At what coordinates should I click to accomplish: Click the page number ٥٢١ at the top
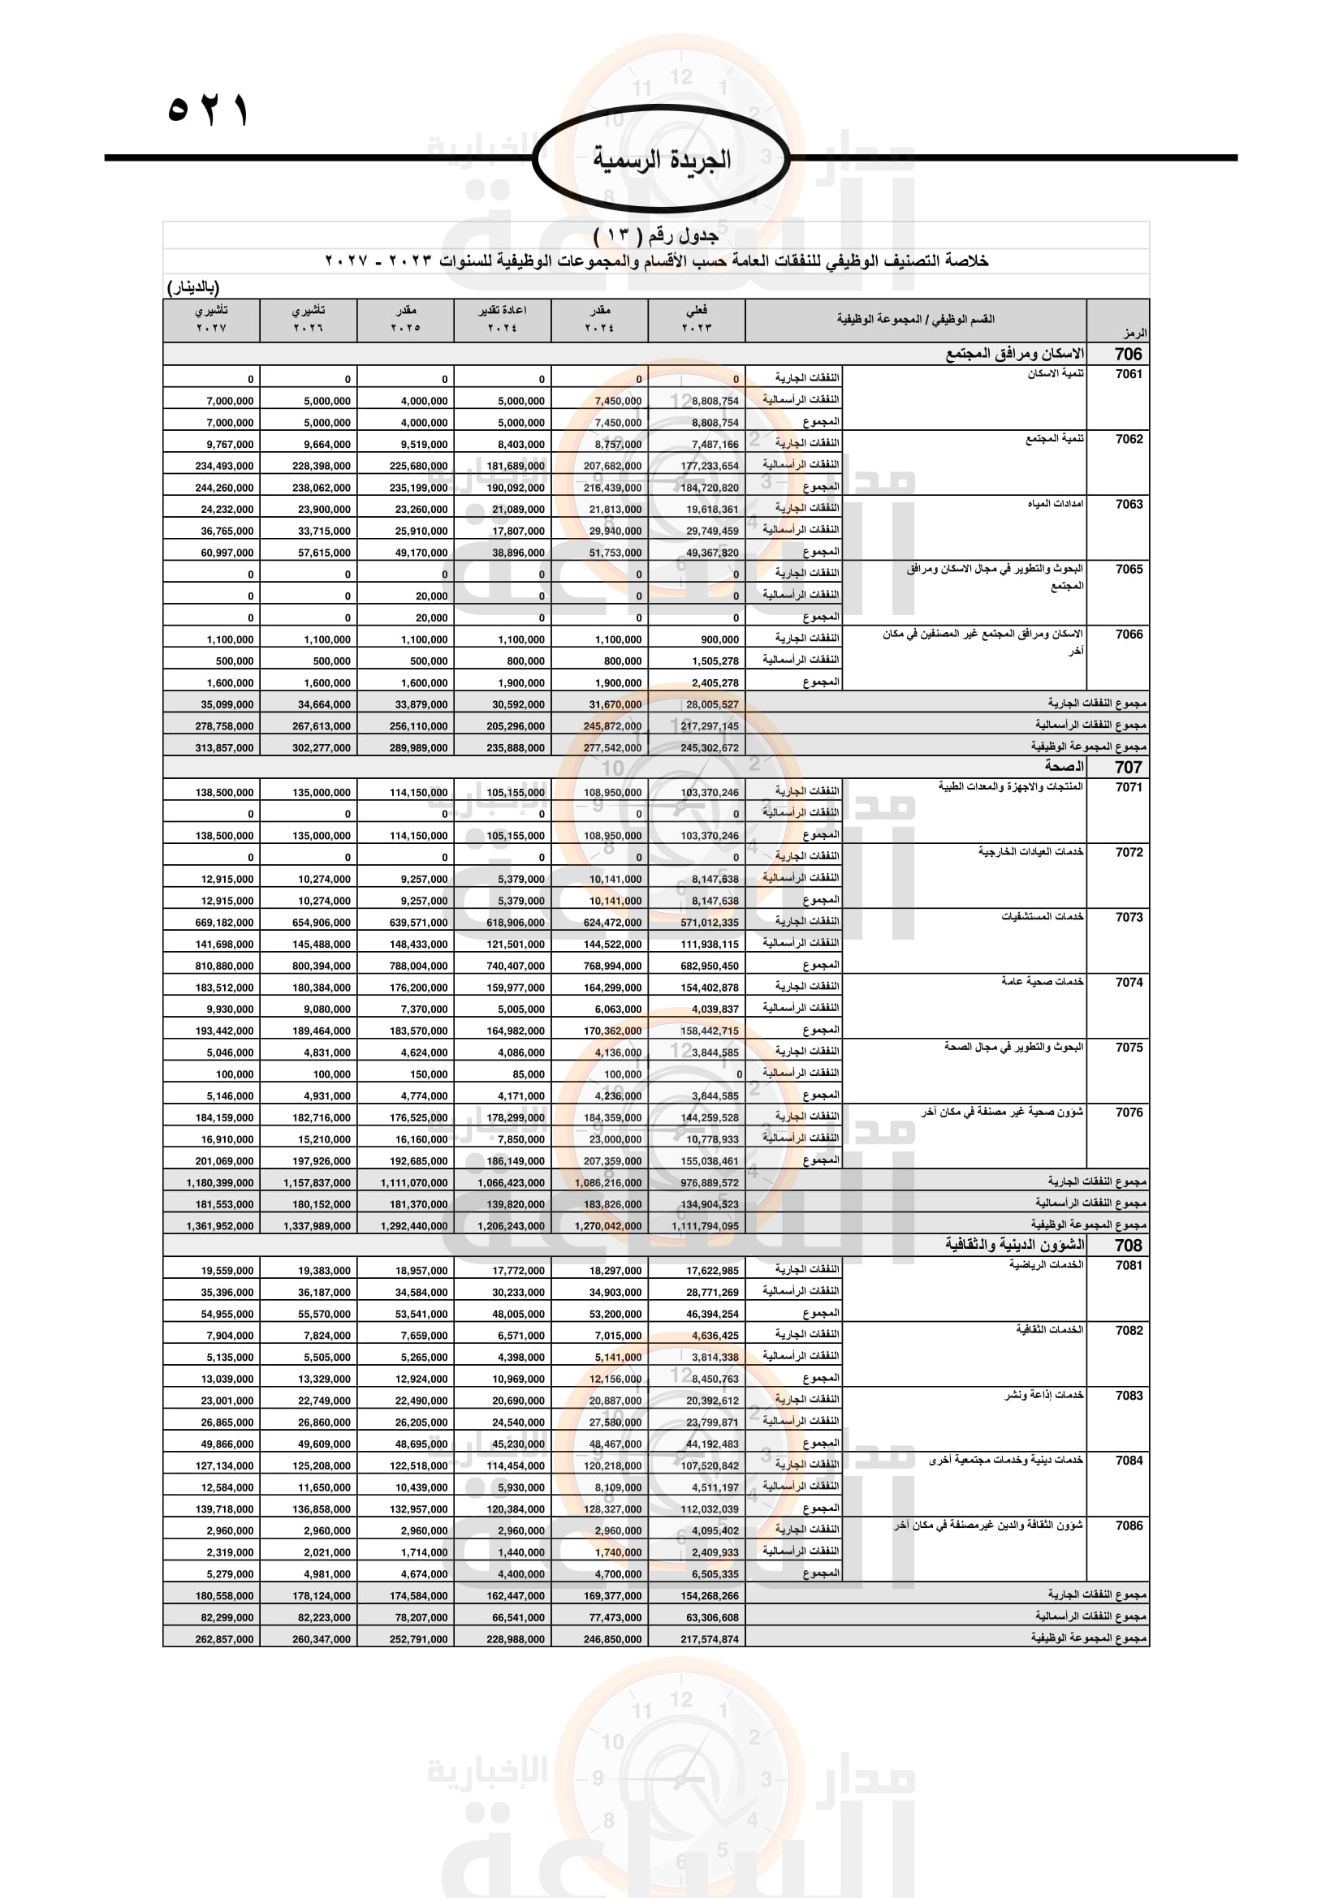tap(209, 110)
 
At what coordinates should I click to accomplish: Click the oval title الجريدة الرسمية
tap(662, 160)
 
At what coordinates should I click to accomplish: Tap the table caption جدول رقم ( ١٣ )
tap(656, 235)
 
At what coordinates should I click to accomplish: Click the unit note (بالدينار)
tap(193, 288)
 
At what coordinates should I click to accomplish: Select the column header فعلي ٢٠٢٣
tap(697, 319)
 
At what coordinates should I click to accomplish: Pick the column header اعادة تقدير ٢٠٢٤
tap(502, 319)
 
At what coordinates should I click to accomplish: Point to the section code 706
tap(1128, 354)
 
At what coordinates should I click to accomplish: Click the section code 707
tap(1128, 767)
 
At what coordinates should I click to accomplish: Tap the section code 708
tap(1128, 1246)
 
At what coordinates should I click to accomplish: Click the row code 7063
tap(1129, 504)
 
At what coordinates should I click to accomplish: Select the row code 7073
tap(1129, 918)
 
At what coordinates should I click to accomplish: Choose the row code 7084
tap(1129, 1461)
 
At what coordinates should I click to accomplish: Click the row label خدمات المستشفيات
tap(1042, 918)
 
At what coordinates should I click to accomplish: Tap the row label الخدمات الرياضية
tap(1046, 1266)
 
